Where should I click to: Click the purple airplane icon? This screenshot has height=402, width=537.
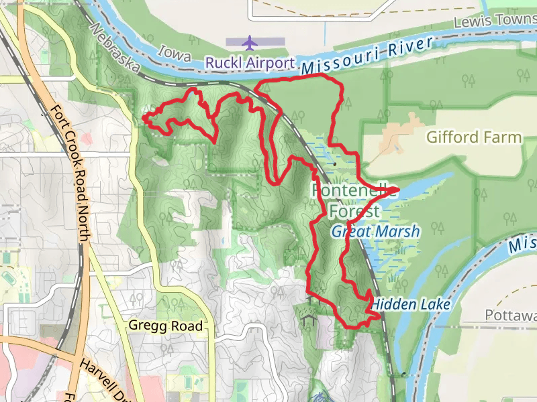(250, 43)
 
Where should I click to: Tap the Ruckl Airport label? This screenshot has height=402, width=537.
(250, 63)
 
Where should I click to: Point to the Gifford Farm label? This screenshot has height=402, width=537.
(474, 137)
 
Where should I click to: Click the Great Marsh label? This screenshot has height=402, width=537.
(375, 232)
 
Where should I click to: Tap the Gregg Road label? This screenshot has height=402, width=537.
(165, 326)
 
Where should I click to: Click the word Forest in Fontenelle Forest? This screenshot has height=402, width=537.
(354, 212)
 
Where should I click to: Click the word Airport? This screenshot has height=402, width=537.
(271, 63)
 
